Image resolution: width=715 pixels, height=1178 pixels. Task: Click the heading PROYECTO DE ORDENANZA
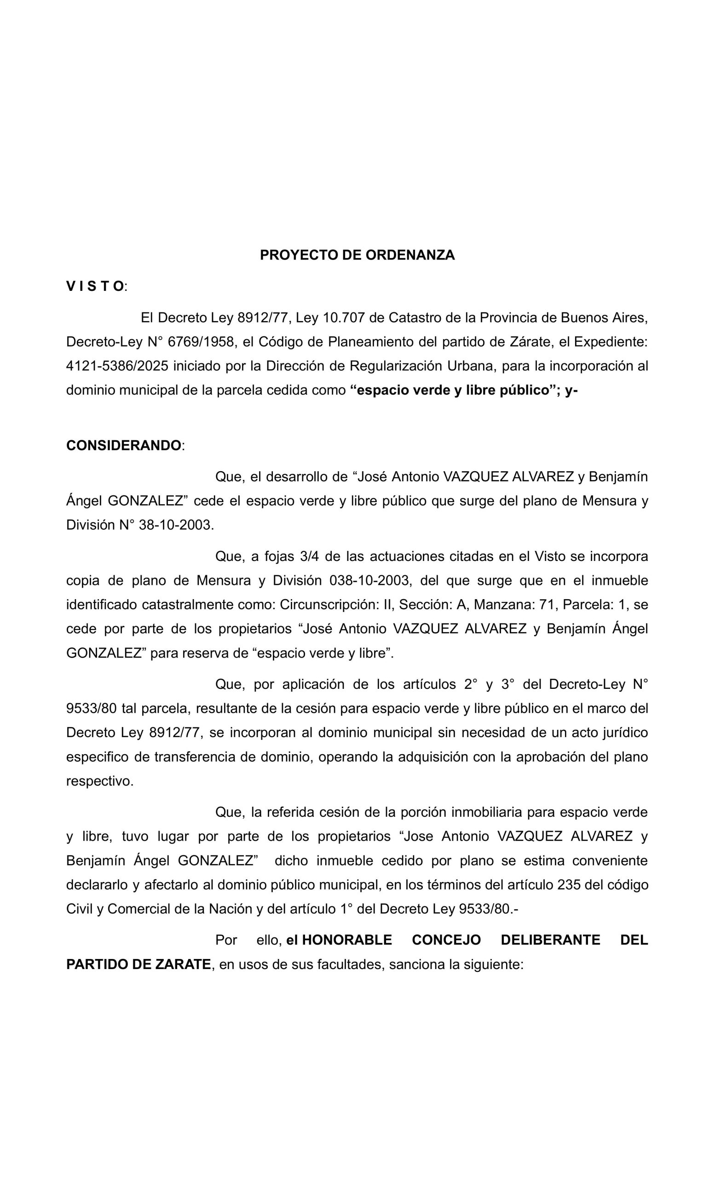357,255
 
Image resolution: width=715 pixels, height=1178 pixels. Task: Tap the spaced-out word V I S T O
95,286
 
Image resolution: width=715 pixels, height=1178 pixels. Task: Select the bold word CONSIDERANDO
124,445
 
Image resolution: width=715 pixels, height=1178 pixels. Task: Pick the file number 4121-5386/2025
117,366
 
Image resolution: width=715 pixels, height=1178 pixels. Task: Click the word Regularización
396,366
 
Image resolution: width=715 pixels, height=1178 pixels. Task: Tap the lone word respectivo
100,781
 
